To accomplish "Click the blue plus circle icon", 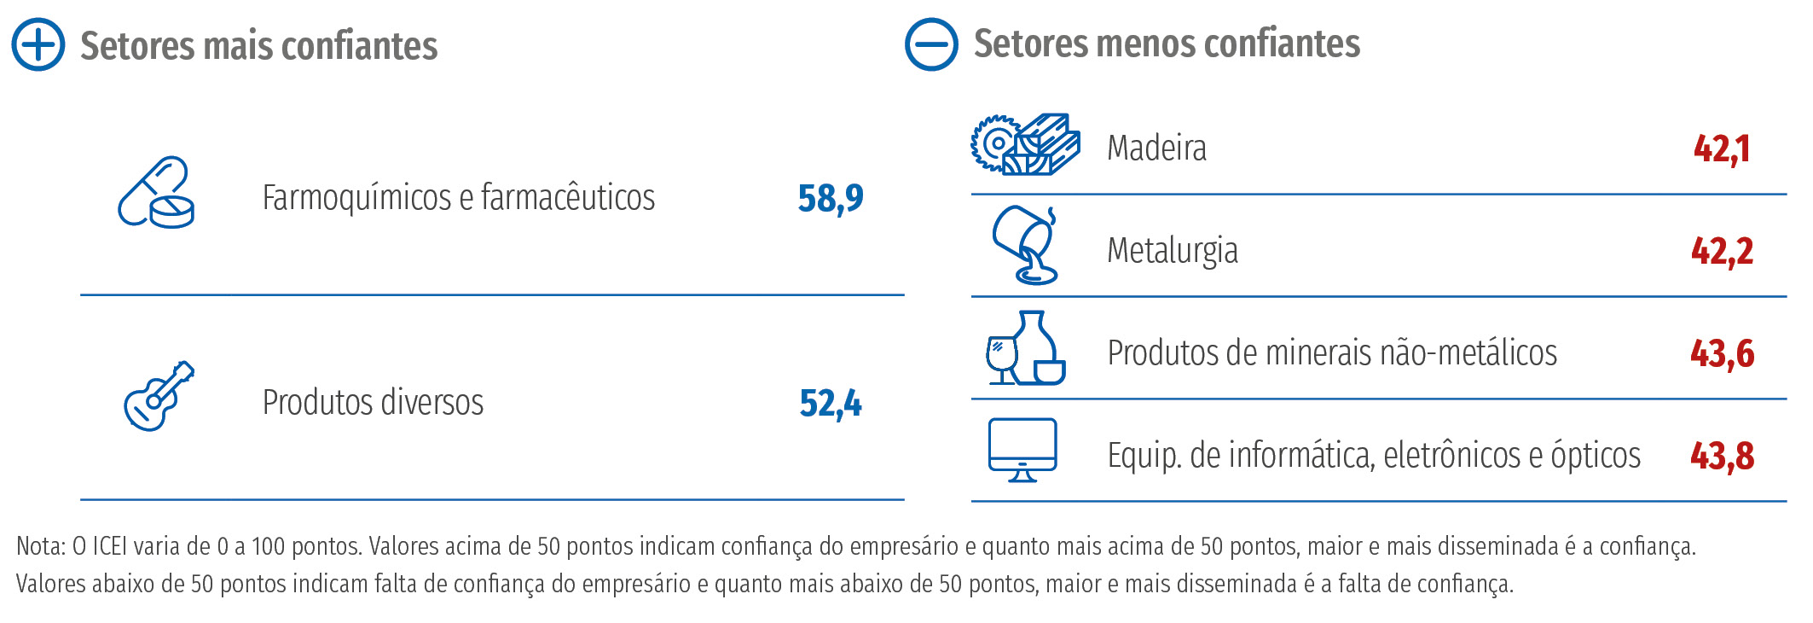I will point(38,44).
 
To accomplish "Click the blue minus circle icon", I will point(931,44).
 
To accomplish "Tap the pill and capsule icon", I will point(156,193).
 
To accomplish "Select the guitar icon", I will point(159,396).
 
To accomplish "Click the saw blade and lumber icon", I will point(1025,145).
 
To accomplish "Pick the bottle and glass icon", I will point(1025,348).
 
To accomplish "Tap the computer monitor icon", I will point(1022,450).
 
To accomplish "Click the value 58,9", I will point(831,199).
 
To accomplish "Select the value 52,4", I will point(831,403).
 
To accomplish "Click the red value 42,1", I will point(1722,149).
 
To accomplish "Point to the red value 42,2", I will point(1722,251).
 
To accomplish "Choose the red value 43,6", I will point(1722,353).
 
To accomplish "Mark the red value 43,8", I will point(1722,456).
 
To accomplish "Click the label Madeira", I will point(1156,148).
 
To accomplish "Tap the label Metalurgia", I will point(1172,251).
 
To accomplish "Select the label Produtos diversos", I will point(373,403).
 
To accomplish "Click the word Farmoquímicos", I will point(357,198).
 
